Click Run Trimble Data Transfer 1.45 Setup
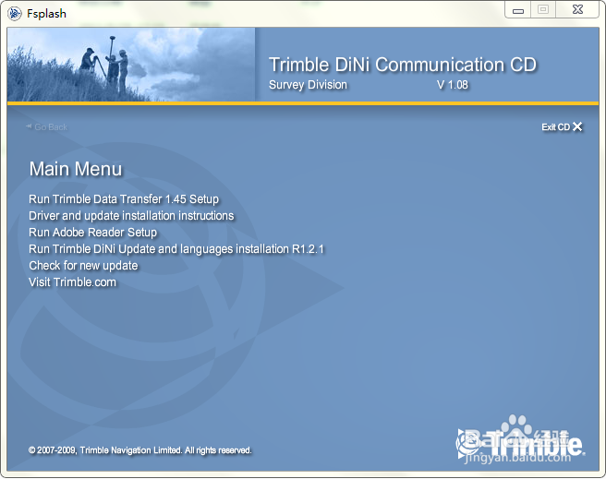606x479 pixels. coord(124,199)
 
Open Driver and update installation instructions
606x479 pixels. coord(131,216)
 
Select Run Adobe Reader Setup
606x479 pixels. coord(92,233)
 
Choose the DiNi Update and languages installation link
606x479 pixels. coord(176,249)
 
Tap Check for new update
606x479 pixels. coord(83,266)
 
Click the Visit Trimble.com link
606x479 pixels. coord(73,282)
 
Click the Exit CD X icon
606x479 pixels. coord(577,126)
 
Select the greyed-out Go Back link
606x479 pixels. coord(47,127)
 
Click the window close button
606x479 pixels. coord(577,9)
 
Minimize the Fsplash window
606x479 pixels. coord(518,9)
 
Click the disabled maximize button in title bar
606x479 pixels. coord(543,9)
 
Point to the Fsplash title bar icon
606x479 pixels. coord(15,14)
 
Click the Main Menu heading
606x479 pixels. coord(76,169)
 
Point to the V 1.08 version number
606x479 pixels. coord(453,85)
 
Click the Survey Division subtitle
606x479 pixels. coord(308,85)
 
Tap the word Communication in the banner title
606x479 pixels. coord(440,65)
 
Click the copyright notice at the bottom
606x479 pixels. coord(139,450)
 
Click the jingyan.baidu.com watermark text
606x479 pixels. coord(518,458)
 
